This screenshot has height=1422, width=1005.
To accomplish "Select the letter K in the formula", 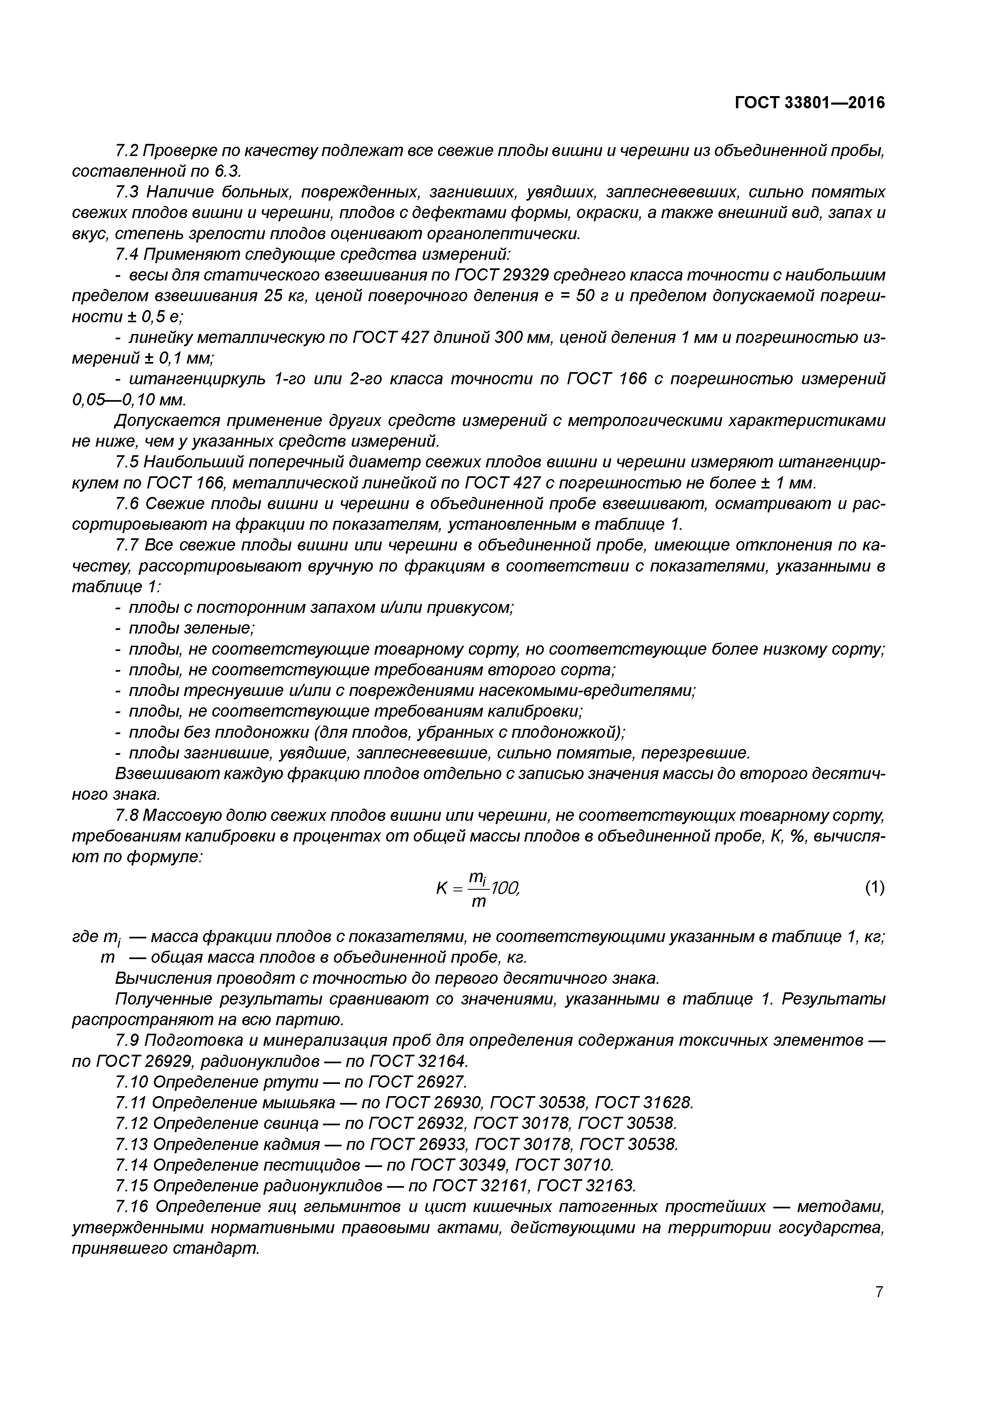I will pyautogui.click(x=441, y=889).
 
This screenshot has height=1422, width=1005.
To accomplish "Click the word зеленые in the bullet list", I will pyautogui.click(x=219, y=628).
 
